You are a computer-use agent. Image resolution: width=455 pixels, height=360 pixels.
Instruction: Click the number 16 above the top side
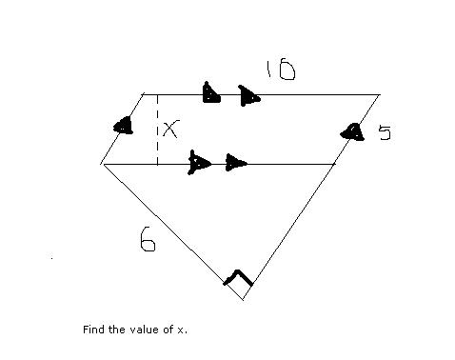pyautogui.click(x=281, y=70)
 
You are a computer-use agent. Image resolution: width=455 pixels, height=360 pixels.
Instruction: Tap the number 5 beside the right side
pyautogui.click(x=386, y=132)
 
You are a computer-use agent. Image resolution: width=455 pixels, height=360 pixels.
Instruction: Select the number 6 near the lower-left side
pyautogui.click(x=148, y=239)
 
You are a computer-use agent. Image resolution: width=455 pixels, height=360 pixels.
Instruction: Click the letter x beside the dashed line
pyautogui.click(x=171, y=129)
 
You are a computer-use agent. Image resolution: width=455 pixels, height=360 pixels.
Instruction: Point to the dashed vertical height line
pyautogui.click(x=157, y=130)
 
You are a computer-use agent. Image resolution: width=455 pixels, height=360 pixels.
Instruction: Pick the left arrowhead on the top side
pyautogui.click(x=211, y=92)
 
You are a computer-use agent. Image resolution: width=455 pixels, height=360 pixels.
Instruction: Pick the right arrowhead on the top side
pyautogui.click(x=249, y=96)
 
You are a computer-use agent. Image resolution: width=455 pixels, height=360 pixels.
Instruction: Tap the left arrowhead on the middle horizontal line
pyautogui.click(x=199, y=163)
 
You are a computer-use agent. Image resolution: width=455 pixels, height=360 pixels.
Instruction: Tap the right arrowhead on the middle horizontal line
pyautogui.click(x=236, y=163)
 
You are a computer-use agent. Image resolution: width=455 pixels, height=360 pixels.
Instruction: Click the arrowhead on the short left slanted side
pyautogui.click(x=124, y=126)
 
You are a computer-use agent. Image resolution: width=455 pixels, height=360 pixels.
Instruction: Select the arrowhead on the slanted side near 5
pyautogui.click(x=352, y=132)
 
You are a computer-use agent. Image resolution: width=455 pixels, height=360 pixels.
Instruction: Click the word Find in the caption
pyautogui.click(x=94, y=330)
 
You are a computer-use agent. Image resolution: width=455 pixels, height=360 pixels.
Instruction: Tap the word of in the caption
pyautogui.click(x=168, y=330)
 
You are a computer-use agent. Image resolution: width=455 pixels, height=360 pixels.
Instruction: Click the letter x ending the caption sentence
pyautogui.click(x=181, y=330)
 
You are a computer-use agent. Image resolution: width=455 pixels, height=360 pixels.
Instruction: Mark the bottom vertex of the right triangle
pyautogui.click(x=243, y=300)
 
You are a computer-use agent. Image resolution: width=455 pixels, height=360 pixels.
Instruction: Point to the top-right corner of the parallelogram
pyautogui.click(x=379, y=94)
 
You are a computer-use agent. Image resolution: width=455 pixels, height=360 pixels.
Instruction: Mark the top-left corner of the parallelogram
pyautogui.click(x=144, y=94)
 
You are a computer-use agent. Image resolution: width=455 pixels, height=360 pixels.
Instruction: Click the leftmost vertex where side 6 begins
pyautogui.click(x=102, y=164)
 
